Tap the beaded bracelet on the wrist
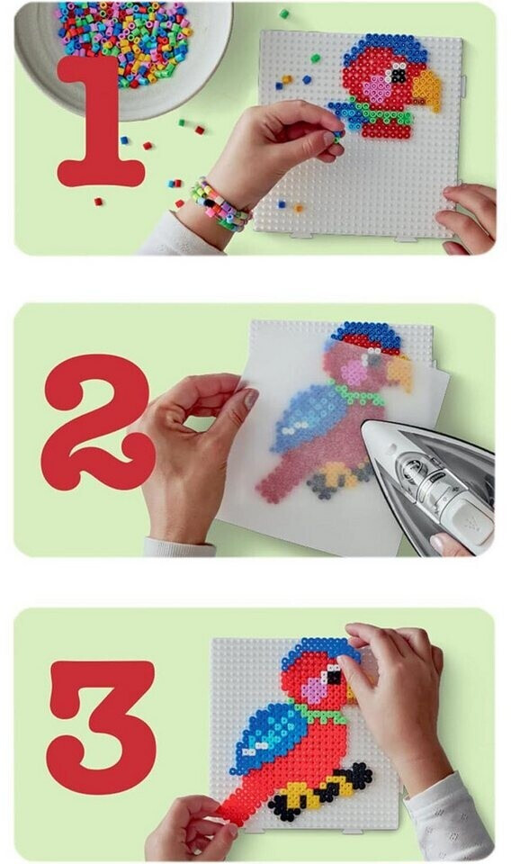coord(220,205)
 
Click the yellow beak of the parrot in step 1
coord(427,88)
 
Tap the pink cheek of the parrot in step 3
coord(314,689)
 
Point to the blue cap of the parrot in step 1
coord(385,47)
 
